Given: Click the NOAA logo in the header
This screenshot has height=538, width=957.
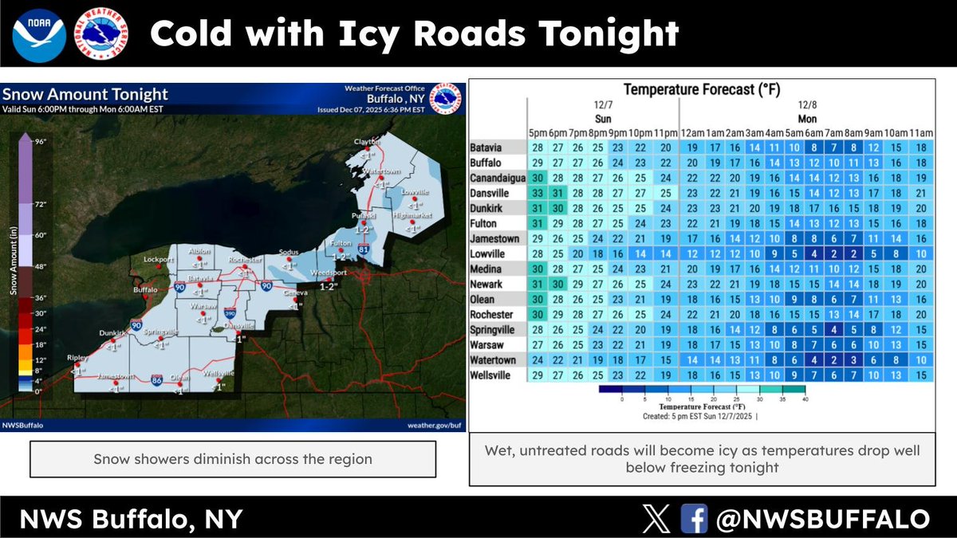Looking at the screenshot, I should click(34, 33).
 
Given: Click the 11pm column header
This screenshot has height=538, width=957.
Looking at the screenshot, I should click(666, 132).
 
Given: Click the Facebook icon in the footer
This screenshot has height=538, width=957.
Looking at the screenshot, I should click(694, 519).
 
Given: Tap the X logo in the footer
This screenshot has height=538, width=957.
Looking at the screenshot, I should click(656, 519).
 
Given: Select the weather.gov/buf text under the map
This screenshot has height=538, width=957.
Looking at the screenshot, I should click(434, 425).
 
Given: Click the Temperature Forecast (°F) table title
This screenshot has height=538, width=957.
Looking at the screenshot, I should click(701, 90).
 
